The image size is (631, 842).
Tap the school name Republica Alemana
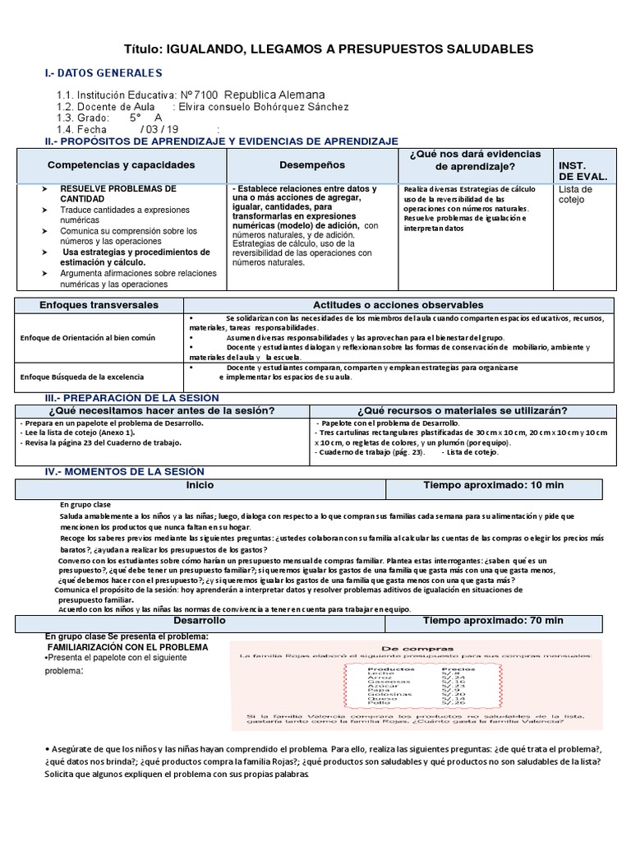click(x=274, y=95)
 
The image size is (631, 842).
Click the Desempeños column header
click(x=312, y=165)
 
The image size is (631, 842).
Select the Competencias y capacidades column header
click(x=122, y=165)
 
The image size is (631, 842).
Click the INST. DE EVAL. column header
click(x=583, y=171)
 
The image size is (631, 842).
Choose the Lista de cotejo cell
click(x=575, y=194)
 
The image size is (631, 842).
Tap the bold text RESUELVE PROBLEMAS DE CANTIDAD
click(x=117, y=194)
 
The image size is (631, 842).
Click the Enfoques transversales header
click(x=99, y=305)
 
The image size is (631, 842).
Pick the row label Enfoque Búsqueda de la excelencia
click(x=81, y=377)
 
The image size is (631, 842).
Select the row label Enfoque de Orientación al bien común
click(x=88, y=338)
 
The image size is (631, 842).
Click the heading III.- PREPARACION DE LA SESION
click(x=131, y=398)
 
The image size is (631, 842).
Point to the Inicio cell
click(x=200, y=486)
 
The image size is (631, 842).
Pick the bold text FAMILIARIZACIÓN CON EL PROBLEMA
click(x=127, y=648)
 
